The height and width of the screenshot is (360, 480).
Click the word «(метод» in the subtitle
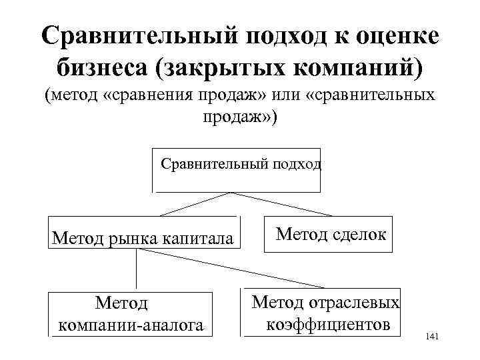click(72, 97)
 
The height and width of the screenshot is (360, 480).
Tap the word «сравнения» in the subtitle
click(151, 97)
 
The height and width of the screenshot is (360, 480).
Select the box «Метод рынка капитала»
click(143, 233)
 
